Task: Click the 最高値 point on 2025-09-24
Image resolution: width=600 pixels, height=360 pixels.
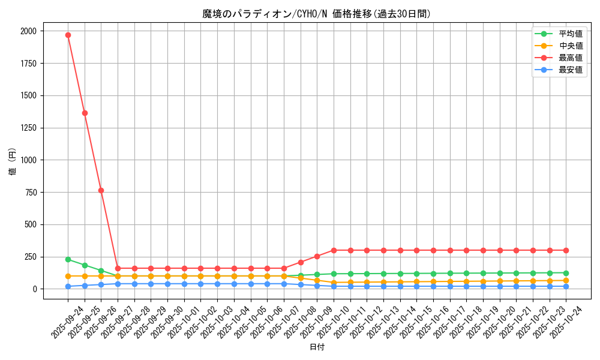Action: point(68,35)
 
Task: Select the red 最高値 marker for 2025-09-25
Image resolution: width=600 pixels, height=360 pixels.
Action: point(85,113)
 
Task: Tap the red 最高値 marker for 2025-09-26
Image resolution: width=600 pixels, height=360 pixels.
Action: point(101,190)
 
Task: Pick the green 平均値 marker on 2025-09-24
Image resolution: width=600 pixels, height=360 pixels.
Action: point(68,259)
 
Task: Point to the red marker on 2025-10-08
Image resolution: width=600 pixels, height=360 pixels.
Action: point(301,262)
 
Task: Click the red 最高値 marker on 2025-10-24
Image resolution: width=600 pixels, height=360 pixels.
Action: point(566,250)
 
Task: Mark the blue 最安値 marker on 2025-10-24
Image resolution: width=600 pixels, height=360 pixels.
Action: point(566,286)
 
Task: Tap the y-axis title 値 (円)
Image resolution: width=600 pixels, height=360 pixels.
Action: point(12,162)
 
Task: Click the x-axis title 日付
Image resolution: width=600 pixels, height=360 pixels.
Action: point(317,347)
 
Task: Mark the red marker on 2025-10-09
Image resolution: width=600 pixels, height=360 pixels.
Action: point(317,256)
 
